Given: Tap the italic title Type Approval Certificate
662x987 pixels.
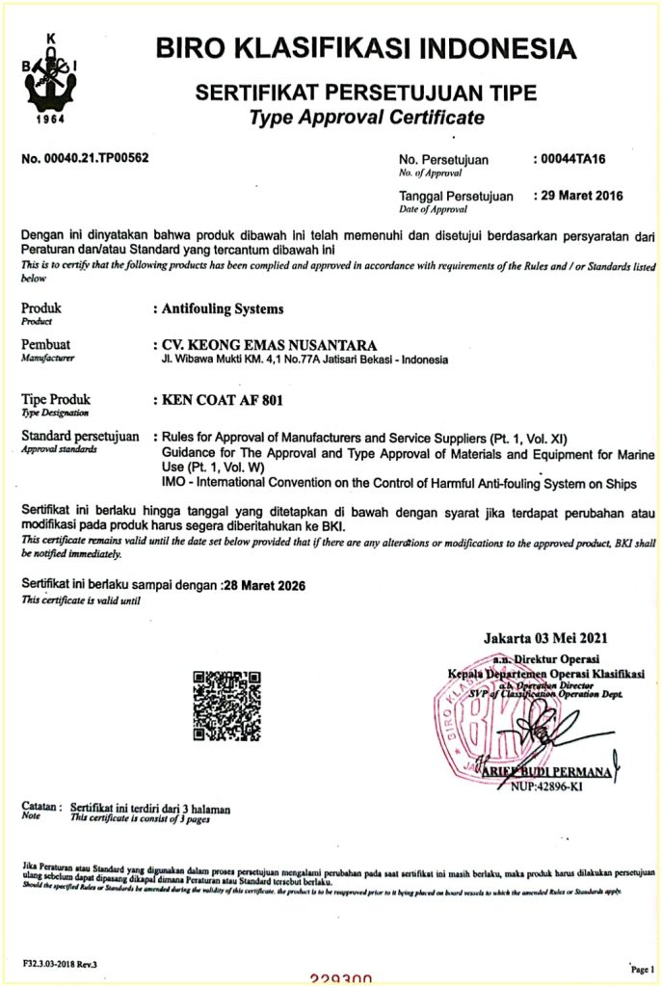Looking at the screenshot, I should tap(365, 119).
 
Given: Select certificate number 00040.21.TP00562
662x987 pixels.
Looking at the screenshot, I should tap(85, 157).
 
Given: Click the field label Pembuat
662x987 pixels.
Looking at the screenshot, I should tap(45, 344).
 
